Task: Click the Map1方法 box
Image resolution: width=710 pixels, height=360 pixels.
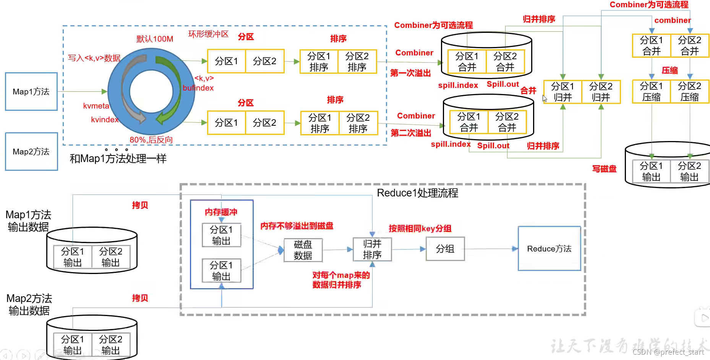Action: pyautogui.click(x=31, y=92)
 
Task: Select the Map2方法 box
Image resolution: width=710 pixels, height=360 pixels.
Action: pyautogui.click(x=31, y=152)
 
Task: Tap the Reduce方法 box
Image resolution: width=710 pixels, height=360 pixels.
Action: pyautogui.click(x=549, y=249)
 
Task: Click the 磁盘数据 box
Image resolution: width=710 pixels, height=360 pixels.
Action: pyautogui.click(x=303, y=250)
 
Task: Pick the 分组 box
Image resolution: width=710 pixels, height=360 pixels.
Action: pyautogui.click(x=445, y=249)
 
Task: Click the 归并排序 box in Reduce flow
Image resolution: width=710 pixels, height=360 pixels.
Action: pyautogui.click(x=372, y=249)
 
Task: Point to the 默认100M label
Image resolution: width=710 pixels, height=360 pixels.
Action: pyautogui.click(x=155, y=39)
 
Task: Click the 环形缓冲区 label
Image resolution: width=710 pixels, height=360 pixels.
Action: pyautogui.click(x=208, y=34)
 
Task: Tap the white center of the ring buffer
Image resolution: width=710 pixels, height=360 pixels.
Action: pyautogui.click(x=151, y=92)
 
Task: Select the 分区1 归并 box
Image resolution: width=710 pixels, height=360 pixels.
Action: pyautogui.click(x=562, y=92)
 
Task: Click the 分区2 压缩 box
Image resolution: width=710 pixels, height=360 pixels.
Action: pyautogui.click(x=689, y=92)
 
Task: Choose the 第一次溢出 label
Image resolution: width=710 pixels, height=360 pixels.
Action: pyautogui.click(x=410, y=73)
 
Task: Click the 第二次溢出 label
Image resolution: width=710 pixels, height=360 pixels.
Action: pyautogui.click(x=411, y=133)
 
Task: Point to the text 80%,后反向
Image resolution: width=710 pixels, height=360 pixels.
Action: pyautogui.click(x=151, y=140)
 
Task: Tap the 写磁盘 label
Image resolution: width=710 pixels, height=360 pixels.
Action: pyautogui.click(x=604, y=169)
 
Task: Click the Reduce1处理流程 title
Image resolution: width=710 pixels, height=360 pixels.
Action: pyautogui.click(x=417, y=193)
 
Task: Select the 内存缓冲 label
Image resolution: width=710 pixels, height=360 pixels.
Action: pyautogui.click(x=221, y=212)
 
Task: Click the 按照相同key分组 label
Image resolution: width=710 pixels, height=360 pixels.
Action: pyautogui.click(x=420, y=229)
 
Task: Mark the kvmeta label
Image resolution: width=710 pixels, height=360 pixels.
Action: pyautogui.click(x=96, y=106)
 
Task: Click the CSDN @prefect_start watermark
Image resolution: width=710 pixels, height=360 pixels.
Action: pyautogui.click(x=668, y=352)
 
